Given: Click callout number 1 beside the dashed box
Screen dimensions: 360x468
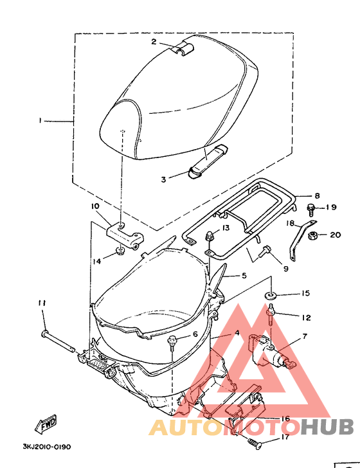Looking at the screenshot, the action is coord(40,121).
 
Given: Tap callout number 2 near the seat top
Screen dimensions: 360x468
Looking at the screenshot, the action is coord(154,42).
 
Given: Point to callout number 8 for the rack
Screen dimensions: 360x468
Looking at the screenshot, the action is coord(317,195).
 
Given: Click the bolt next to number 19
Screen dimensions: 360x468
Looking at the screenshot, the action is coord(310,209).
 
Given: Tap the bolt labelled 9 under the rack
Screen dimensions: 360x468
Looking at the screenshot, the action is coord(264,251).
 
